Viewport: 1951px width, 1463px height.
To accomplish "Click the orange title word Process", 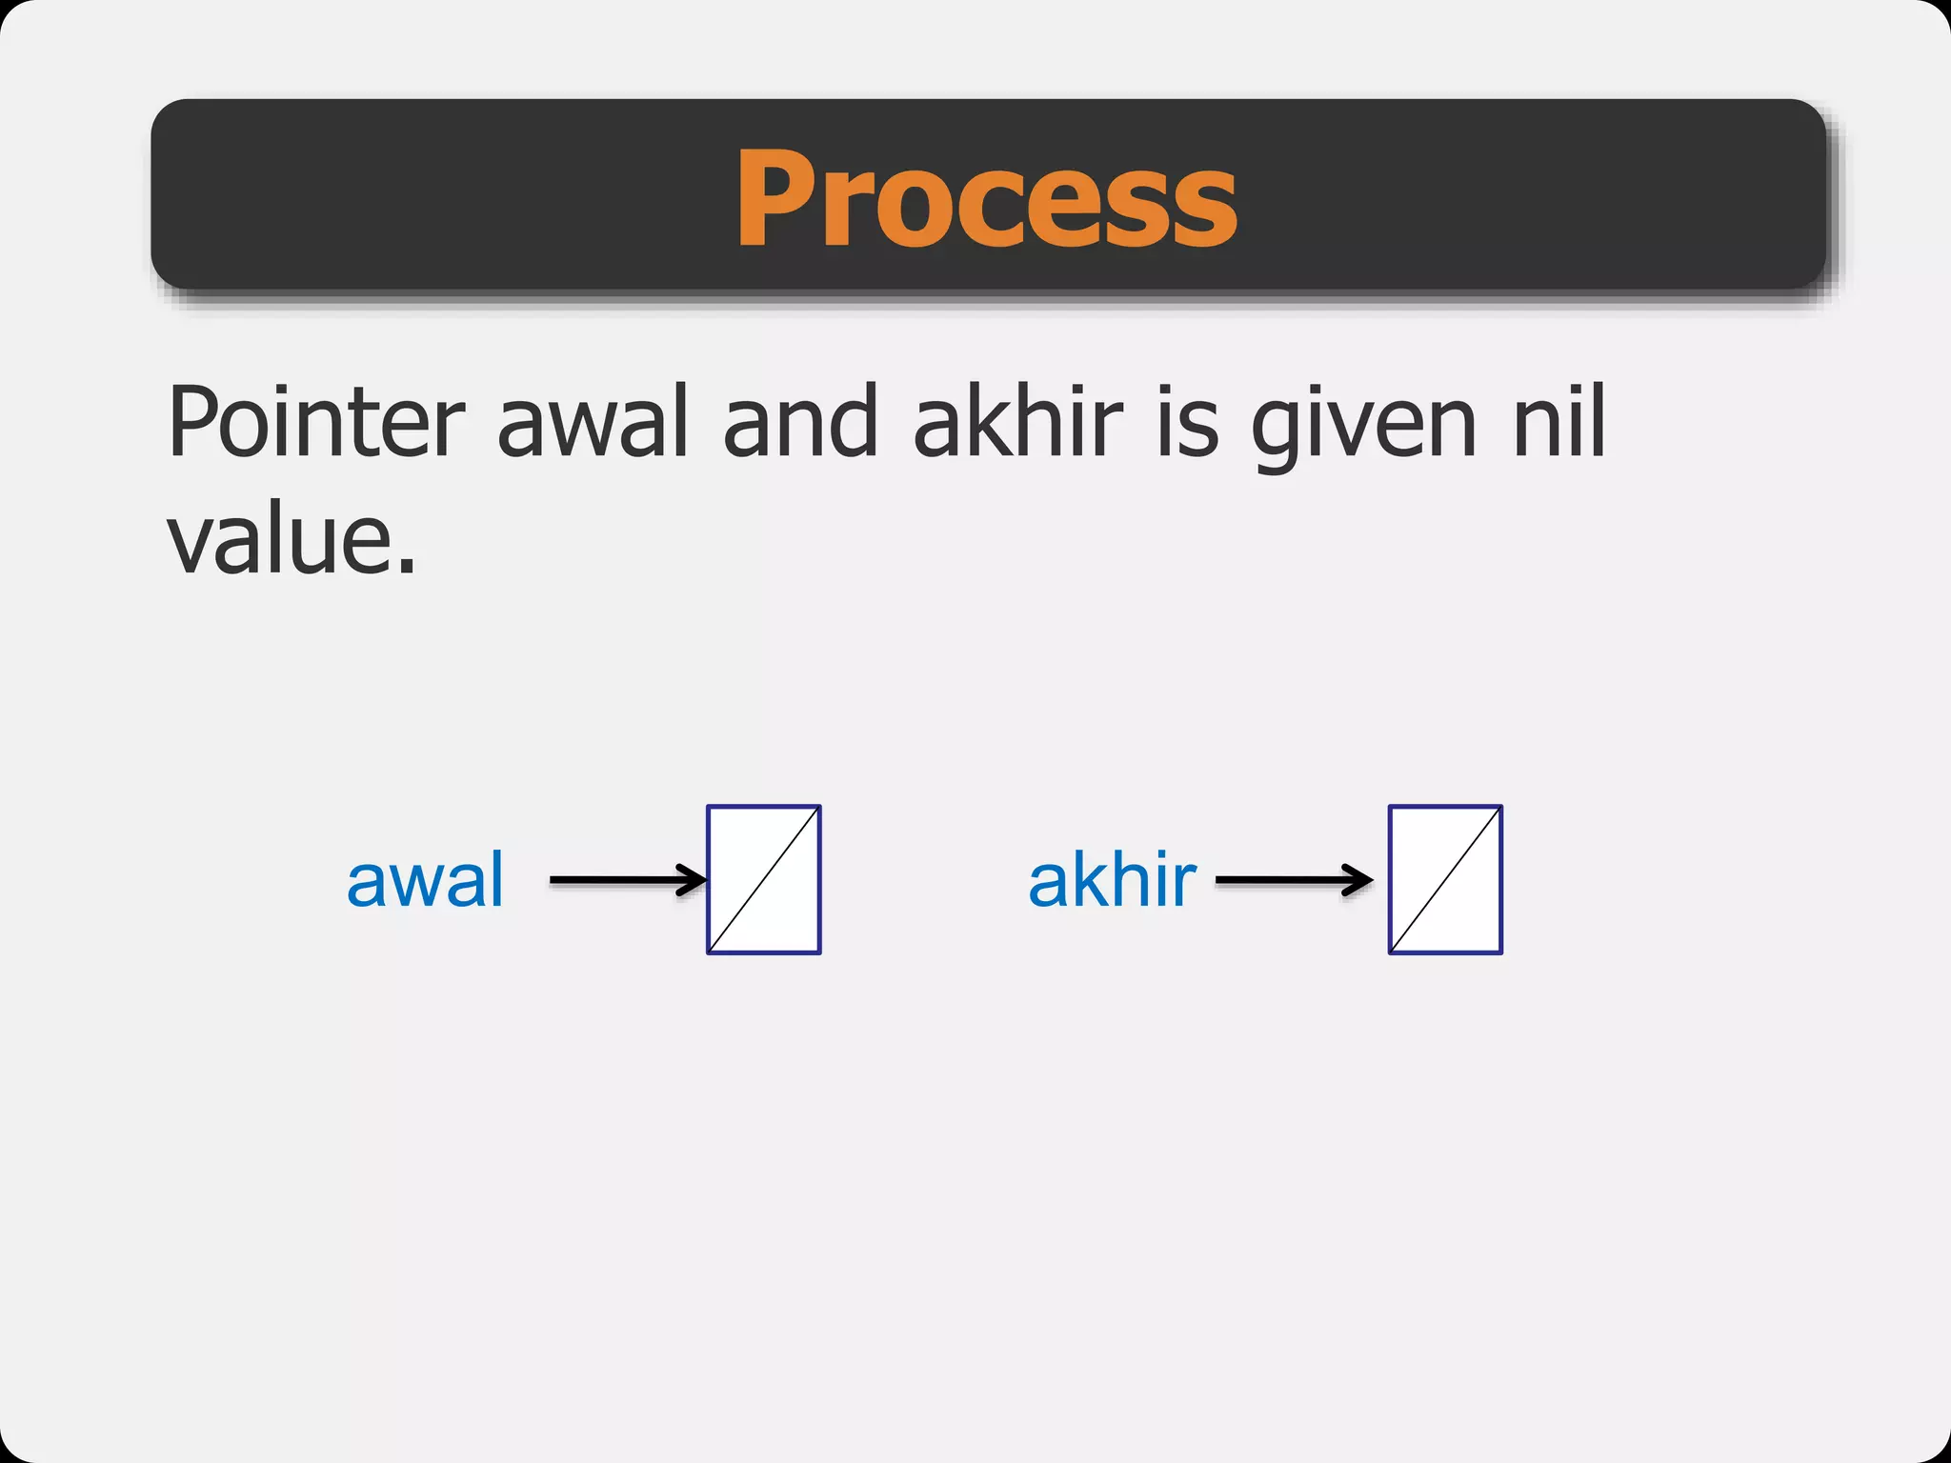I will (x=986, y=200).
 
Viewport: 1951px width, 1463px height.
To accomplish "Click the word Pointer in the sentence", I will (x=315, y=422).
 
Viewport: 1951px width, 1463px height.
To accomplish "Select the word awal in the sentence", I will (x=593, y=422).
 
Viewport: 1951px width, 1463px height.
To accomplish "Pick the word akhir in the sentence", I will (x=1018, y=422).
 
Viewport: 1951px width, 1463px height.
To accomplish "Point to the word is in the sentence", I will (x=1187, y=422).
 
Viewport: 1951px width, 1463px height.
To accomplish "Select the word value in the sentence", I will (x=281, y=540).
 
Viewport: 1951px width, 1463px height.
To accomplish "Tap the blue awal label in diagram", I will (x=425, y=880).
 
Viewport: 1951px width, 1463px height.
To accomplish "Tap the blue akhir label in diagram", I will (x=1112, y=880).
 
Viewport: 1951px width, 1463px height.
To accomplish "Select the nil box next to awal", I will (x=764, y=880).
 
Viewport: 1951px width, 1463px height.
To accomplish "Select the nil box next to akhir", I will (x=1445, y=880).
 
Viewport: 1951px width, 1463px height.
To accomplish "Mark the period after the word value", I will (x=407, y=568).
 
